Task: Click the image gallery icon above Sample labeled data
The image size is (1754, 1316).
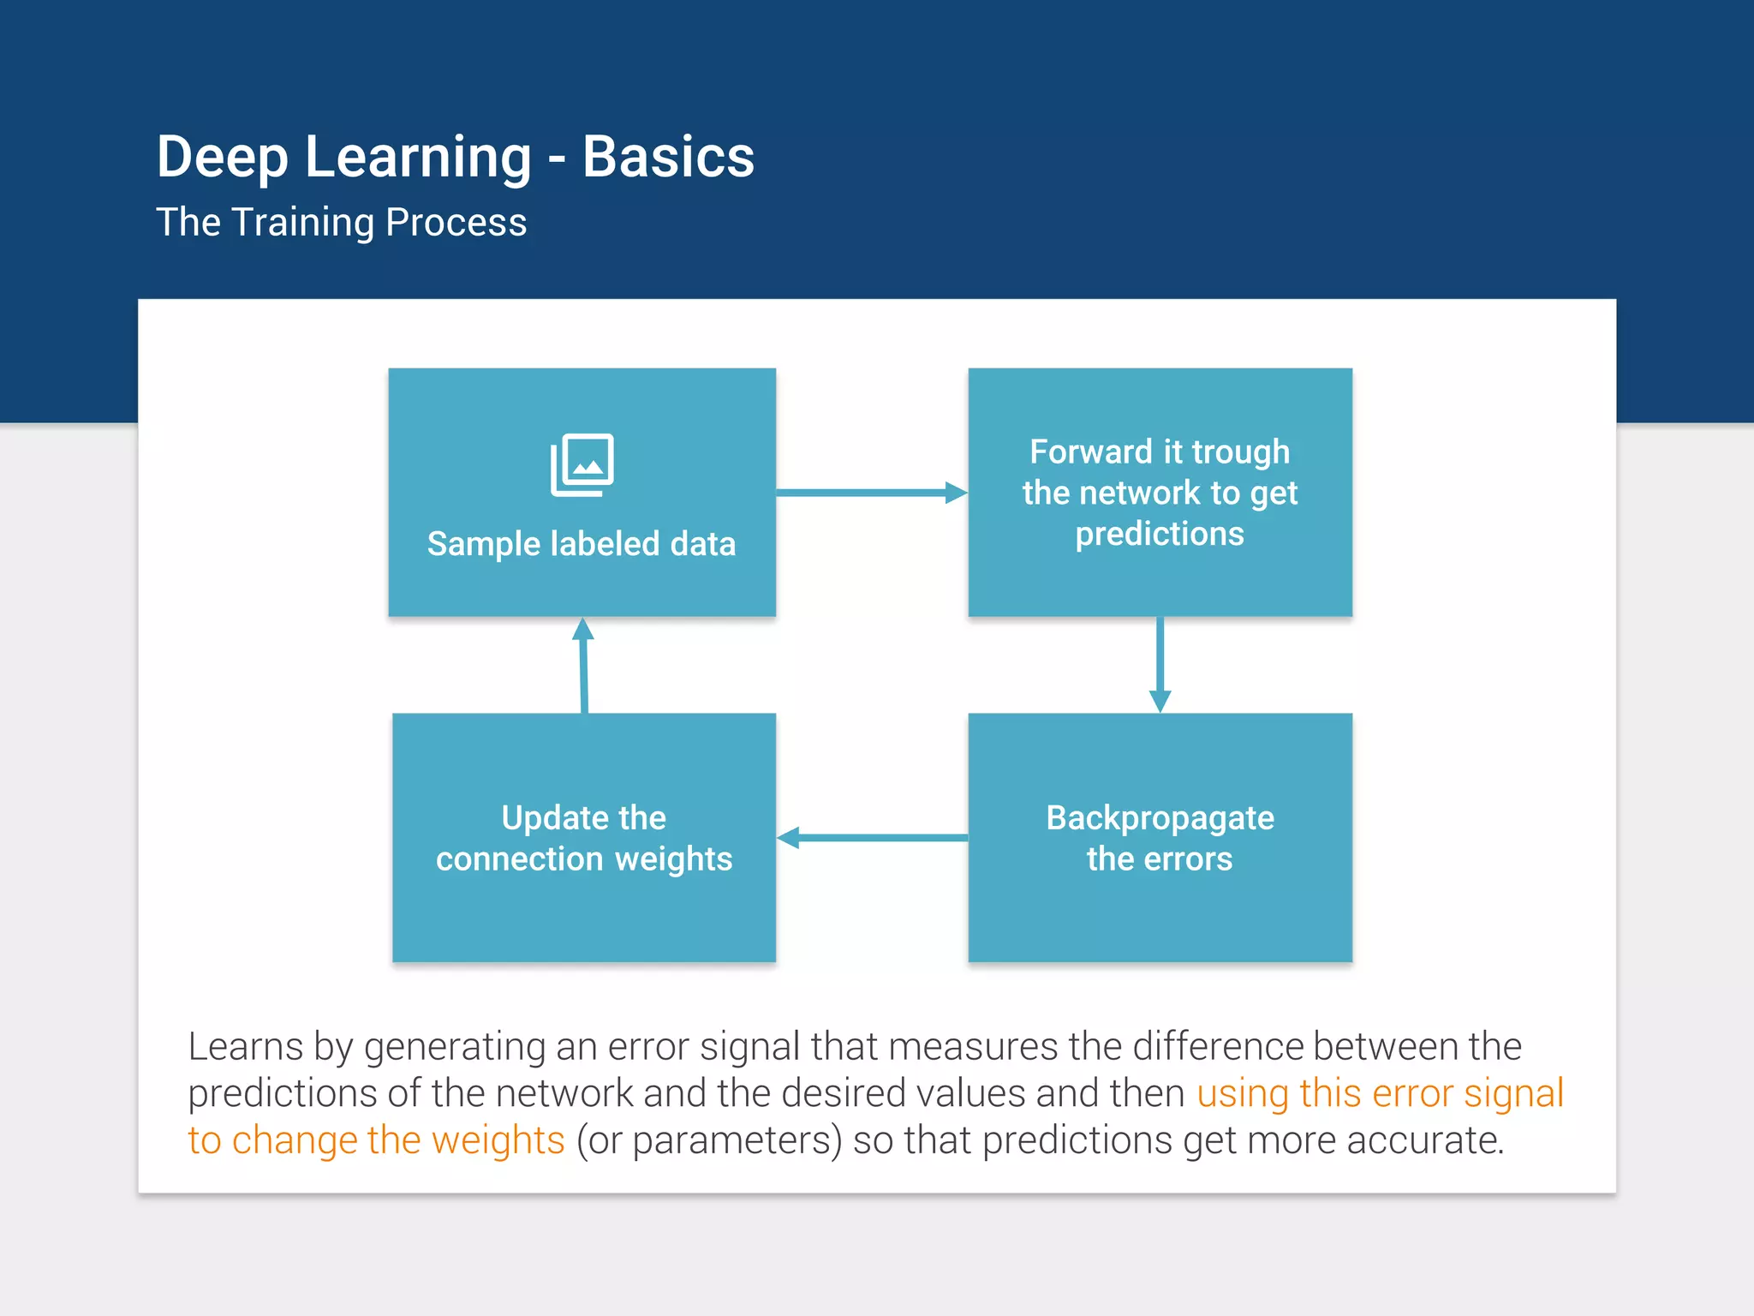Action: [582, 464]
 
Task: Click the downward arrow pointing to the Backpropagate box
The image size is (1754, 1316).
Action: [1160, 664]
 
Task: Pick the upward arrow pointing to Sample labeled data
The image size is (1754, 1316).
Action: [584, 665]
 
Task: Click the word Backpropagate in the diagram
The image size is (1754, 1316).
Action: [1160, 819]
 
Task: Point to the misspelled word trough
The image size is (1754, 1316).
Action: [1240, 452]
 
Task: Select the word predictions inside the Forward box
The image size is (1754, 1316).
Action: [1160, 534]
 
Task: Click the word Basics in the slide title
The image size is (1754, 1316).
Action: [668, 158]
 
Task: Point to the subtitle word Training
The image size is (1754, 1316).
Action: [303, 224]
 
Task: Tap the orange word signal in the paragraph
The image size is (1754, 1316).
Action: [1513, 1094]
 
